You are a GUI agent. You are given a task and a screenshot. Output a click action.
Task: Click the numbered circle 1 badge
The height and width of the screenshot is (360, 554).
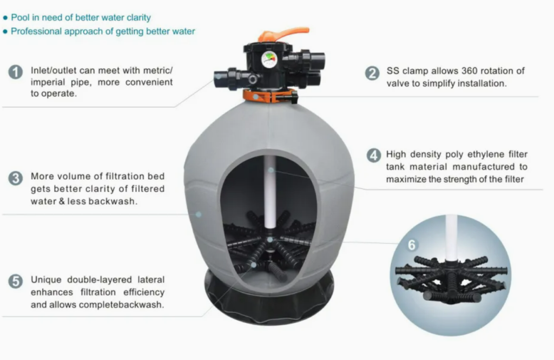pos(16,72)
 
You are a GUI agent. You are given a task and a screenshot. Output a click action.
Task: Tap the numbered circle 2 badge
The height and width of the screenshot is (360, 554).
pos(372,73)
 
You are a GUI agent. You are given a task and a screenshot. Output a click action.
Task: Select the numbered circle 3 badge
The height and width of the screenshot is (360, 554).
pos(16,178)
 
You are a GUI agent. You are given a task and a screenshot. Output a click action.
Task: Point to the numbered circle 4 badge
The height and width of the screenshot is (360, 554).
pos(374,155)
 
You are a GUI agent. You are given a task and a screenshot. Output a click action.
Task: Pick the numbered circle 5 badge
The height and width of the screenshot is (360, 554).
pos(16,282)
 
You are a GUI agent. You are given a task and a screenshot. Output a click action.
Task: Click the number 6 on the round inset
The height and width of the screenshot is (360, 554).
pos(412,245)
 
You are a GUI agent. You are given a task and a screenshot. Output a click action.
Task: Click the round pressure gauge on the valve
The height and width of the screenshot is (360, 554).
pos(269,60)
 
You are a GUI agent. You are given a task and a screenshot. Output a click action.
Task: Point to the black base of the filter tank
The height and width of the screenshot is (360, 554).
pos(269,300)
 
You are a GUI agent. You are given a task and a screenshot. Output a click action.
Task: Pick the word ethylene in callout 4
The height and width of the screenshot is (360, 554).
pos(486,154)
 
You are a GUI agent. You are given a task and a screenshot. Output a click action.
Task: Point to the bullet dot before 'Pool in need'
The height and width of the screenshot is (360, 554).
pos(5,18)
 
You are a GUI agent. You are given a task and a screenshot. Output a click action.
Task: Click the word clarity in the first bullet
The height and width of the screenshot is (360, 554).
pos(138,18)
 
